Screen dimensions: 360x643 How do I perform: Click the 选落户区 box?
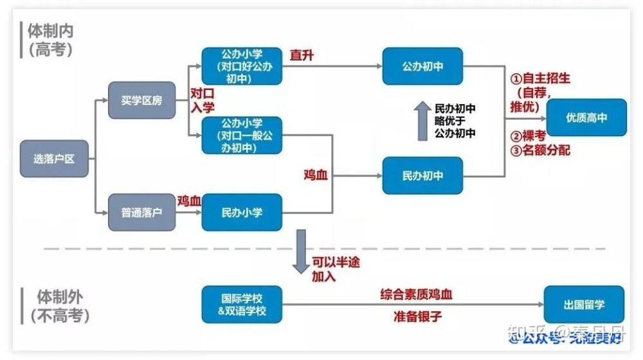[x=54, y=157]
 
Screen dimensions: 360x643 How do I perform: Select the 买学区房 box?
[x=141, y=100]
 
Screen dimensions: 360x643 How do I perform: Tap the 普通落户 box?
[x=141, y=212]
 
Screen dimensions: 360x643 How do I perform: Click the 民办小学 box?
[x=242, y=212]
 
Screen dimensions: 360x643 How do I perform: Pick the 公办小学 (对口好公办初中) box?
[x=242, y=66]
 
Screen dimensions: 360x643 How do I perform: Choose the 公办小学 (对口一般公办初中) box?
[x=242, y=135]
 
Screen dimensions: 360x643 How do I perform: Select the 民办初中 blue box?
[x=422, y=175]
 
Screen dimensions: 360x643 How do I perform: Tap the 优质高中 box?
[x=586, y=118]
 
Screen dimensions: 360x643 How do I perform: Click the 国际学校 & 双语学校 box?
[x=242, y=305]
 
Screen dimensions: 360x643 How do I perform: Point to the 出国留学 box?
[x=584, y=305]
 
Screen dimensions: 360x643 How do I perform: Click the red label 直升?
[x=302, y=56]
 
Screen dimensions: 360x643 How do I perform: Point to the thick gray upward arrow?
[x=422, y=120]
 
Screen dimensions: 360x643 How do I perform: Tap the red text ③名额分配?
[x=540, y=151]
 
